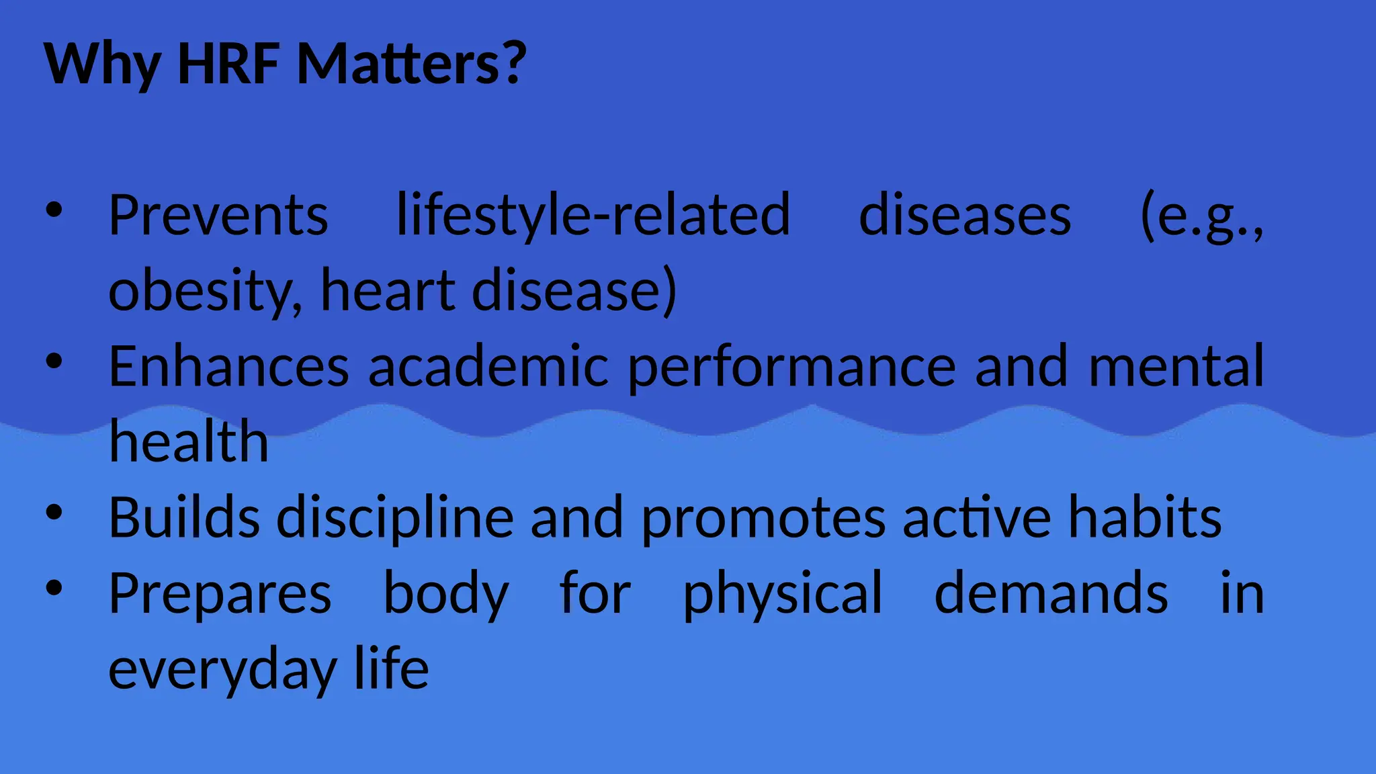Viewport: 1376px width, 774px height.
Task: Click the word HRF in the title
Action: (228, 64)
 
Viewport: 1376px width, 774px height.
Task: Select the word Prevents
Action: (218, 215)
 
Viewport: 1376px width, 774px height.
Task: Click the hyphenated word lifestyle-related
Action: (593, 215)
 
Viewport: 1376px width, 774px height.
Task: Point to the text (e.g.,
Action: (1202, 216)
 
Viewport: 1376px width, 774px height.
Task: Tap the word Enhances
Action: (229, 366)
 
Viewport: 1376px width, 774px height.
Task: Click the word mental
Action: (1176, 366)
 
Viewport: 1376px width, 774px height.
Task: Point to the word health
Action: (189, 441)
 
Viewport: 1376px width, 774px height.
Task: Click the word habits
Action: (1145, 517)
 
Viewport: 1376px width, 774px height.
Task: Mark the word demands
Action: (1051, 593)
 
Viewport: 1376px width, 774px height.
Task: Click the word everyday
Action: (222, 670)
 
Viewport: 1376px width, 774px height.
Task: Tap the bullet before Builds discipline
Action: (54, 513)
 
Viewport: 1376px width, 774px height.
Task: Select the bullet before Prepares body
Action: (54, 589)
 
